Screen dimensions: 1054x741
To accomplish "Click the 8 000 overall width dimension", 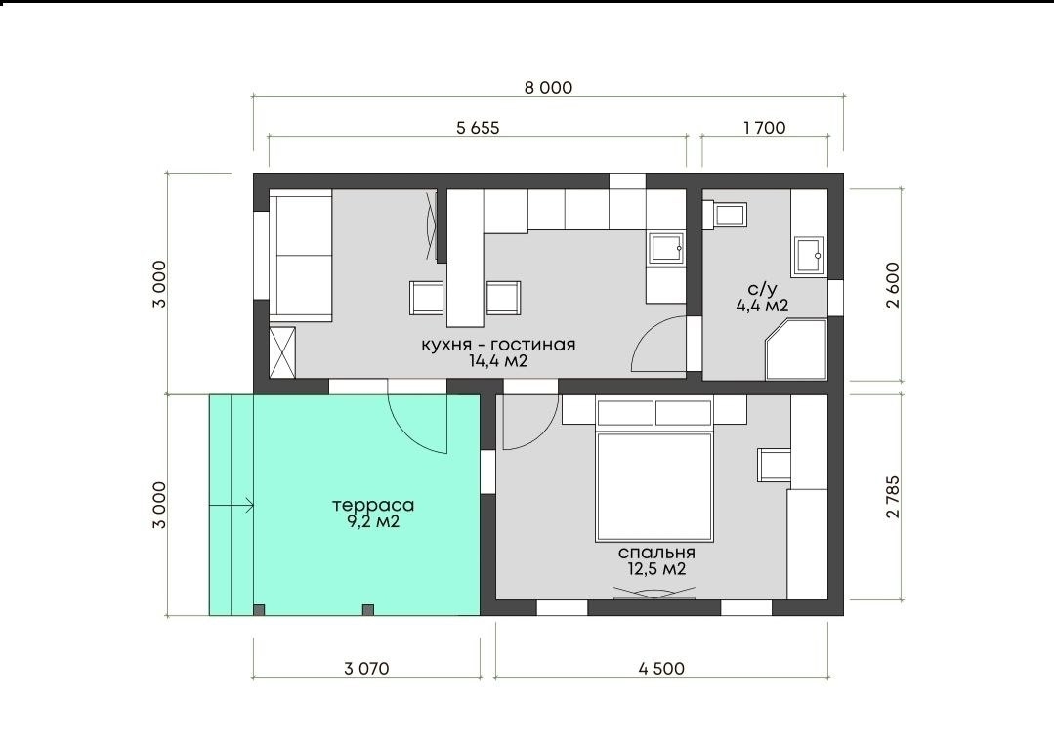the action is pyautogui.click(x=548, y=87).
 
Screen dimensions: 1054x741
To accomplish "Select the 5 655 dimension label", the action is pyautogui.click(x=478, y=128).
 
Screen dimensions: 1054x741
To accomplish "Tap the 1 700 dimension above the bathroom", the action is pyautogui.click(x=764, y=128).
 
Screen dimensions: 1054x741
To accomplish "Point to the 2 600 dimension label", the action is pyautogui.click(x=893, y=285).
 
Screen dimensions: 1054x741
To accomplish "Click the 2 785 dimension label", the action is pyautogui.click(x=893, y=497).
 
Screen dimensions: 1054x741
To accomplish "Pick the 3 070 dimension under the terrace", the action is pyautogui.click(x=366, y=669).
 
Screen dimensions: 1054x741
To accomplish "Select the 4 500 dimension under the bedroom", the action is pyautogui.click(x=661, y=669).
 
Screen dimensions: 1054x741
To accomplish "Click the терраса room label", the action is pyautogui.click(x=373, y=505).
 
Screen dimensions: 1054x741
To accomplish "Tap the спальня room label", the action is pyautogui.click(x=656, y=553).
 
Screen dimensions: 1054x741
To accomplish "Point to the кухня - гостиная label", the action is pyautogui.click(x=499, y=345).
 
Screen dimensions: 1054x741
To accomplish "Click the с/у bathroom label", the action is pyautogui.click(x=762, y=290).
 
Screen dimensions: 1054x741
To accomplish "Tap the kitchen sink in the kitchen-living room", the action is pyautogui.click(x=665, y=247).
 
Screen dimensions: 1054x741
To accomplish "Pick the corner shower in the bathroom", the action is pyautogui.click(x=796, y=350).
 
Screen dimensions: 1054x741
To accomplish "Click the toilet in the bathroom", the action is pyautogui.click(x=725, y=215).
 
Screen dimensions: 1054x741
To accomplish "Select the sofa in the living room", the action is pyautogui.click(x=301, y=255).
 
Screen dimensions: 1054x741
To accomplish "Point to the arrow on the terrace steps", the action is pyautogui.click(x=232, y=505).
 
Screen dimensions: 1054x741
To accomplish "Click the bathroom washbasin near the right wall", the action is pyautogui.click(x=809, y=256).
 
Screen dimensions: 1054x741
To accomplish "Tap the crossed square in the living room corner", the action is pyautogui.click(x=282, y=352).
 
